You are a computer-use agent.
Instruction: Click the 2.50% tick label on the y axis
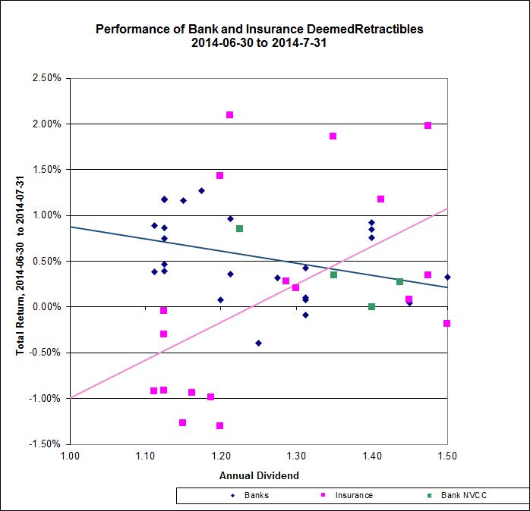46,78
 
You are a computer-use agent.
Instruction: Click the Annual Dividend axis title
259,475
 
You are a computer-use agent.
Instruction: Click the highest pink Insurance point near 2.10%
229,115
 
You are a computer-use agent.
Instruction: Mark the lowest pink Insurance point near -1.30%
220,426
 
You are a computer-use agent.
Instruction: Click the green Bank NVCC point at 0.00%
371,307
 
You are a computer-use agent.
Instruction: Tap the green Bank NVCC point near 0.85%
239,229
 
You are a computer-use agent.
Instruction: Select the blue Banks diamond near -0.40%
258,343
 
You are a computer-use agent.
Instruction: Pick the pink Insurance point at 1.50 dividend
447,324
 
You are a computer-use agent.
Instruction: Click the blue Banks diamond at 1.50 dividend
447,277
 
